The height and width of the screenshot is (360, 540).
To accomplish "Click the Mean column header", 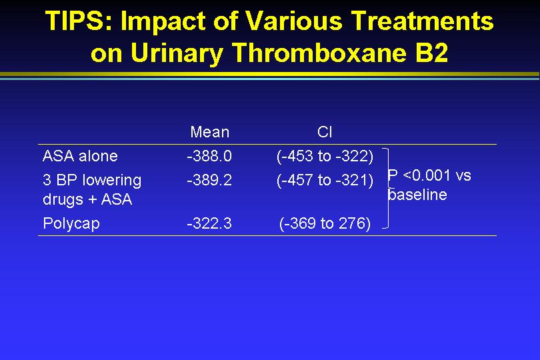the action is coord(210,132).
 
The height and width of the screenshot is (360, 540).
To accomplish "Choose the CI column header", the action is coord(325,132).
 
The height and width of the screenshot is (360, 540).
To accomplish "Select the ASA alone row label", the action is coord(80,156).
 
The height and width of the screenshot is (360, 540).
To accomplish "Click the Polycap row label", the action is coord(71,224).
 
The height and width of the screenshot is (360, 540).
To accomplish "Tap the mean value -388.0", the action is coord(209,156).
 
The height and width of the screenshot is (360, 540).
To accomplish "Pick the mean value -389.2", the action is coord(209,180).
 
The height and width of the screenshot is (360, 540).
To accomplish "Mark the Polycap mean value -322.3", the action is coord(209,223).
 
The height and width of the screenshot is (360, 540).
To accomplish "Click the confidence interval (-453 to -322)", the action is coord(325,157).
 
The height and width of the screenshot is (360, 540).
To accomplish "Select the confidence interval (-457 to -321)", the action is coord(325,181).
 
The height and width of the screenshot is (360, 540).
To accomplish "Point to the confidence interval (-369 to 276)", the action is coord(325,224).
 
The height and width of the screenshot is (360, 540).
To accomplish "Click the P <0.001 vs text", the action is coord(429,175).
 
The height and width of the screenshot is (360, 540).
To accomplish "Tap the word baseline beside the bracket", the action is coord(417,195).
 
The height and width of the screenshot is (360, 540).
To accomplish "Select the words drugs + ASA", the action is coord(87,200).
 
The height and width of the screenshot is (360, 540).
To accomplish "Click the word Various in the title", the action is coord(294,21).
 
